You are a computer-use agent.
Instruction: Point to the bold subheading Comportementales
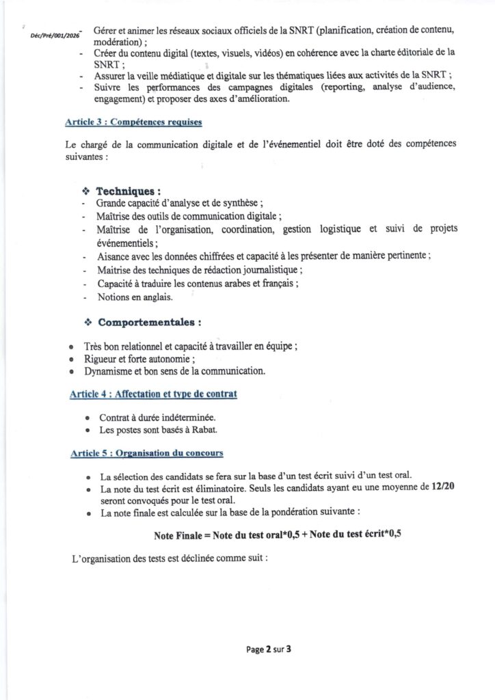tap(150, 321)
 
